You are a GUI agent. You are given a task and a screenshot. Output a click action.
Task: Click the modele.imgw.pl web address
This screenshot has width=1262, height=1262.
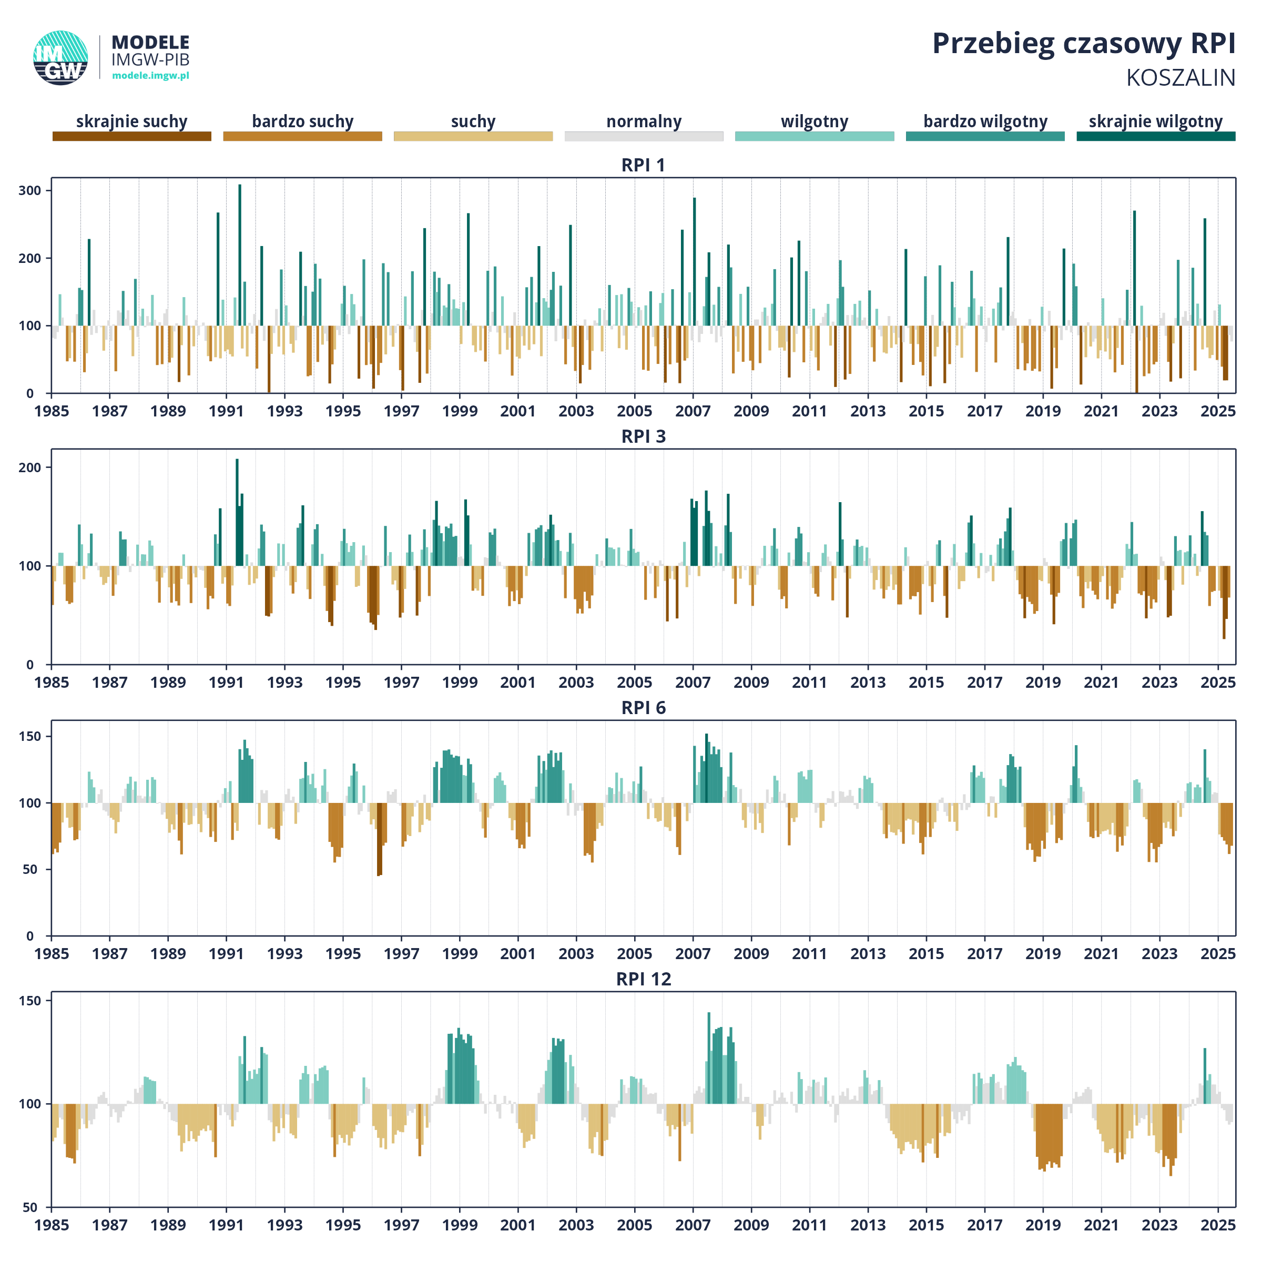pyautogui.click(x=151, y=75)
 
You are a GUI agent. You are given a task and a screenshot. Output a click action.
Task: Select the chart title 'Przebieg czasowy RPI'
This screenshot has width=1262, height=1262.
pyautogui.click(x=1084, y=44)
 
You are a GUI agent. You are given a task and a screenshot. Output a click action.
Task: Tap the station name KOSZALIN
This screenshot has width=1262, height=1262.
pyautogui.click(x=1180, y=78)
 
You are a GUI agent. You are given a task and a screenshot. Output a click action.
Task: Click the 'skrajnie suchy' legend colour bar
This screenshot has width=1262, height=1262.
pyautogui.click(x=132, y=136)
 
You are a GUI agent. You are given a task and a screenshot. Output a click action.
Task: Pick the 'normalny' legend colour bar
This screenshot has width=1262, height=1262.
pyautogui.click(x=644, y=136)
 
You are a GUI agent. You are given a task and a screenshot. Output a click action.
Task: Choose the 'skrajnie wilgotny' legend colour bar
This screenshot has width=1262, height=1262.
pyautogui.click(x=1156, y=136)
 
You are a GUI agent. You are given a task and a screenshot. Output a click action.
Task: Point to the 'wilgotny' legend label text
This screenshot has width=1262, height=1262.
pyautogui.click(x=815, y=121)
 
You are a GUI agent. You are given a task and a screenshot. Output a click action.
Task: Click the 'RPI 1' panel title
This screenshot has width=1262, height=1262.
pyautogui.click(x=644, y=165)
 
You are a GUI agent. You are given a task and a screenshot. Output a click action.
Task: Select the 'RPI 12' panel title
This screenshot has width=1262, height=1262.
pyautogui.click(x=644, y=979)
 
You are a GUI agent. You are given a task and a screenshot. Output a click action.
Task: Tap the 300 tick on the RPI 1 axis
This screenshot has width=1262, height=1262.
pyautogui.click(x=30, y=191)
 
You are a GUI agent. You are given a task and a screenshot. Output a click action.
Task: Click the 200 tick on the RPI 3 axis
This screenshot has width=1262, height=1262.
pyautogui.click(x=30, y=467)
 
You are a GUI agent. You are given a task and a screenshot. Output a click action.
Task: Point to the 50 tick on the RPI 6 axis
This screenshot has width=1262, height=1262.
pyautogui.click(x=30, y=869)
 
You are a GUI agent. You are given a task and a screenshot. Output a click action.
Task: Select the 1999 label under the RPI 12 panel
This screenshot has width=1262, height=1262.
pyautogui.click(x=460, y=1225)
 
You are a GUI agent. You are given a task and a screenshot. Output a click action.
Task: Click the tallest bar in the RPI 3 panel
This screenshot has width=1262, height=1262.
pyautogui.click(x=237, y=512)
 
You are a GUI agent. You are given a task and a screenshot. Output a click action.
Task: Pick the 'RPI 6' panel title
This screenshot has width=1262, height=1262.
pyautogui.click(x=644, y=708)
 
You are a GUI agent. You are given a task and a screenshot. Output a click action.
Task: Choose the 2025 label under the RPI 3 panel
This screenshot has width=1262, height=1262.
pyautogui.click(x=1218, y=682)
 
